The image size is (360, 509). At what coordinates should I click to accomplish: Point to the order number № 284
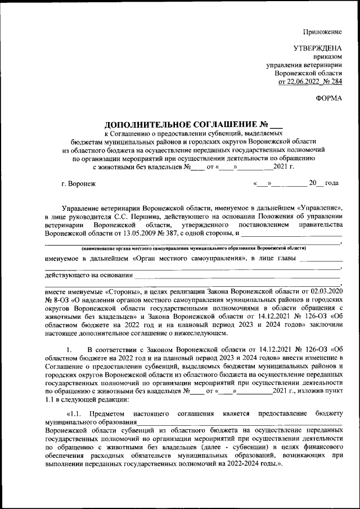[x=332, y=82]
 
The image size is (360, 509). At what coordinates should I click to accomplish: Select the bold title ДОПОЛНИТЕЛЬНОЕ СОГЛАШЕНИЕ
[x=178, y=124]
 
